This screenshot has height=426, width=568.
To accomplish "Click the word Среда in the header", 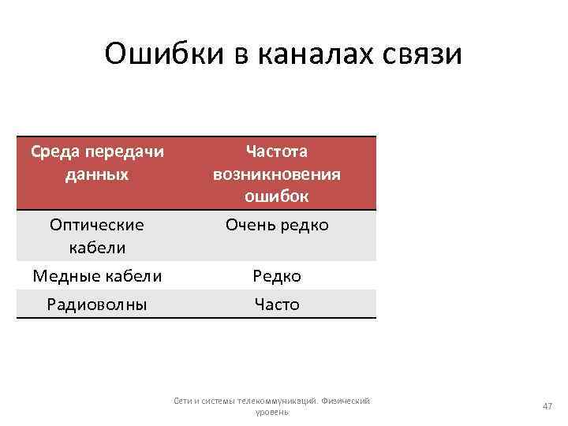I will point(54,151).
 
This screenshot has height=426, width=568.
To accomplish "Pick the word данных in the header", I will point(97,173).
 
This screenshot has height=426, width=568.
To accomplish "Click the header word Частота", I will point(277,151).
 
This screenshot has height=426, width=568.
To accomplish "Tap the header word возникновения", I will point(277,173).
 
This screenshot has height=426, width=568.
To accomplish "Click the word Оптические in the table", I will point(97,225).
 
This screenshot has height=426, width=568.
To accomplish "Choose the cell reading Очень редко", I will point(277,225).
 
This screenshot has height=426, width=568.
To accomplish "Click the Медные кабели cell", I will point(97,276).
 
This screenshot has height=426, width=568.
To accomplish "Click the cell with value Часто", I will point(277,304).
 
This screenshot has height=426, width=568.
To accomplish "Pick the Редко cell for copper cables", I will point(277,276).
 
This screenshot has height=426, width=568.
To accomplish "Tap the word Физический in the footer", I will point(348,402).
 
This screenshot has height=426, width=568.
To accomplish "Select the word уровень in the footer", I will point(272,412).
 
